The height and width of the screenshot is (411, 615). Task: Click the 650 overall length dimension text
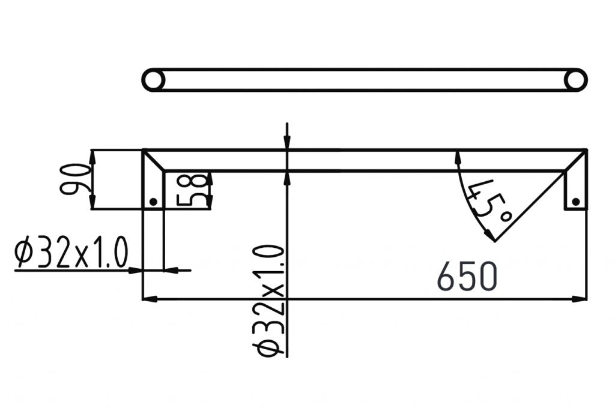pos(467,277)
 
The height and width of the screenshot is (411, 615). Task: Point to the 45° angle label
pos(488,200)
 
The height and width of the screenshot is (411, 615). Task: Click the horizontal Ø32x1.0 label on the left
pos(71,255)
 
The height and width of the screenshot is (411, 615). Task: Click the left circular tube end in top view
pos(154,80)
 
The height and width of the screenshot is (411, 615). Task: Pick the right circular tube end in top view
pos(575,80)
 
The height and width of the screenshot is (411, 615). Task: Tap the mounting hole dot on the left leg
pos(153,202)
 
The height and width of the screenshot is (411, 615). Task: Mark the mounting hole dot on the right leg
pos(575,202)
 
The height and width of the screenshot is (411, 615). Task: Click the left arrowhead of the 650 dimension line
pos(149,299)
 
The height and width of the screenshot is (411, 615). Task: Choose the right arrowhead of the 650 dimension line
pos(580,299)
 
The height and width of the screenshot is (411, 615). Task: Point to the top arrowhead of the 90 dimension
pos(92,156)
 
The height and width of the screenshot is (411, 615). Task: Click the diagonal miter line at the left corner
pos(153,160)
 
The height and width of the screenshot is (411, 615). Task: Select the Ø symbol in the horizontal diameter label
pos(23,255)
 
